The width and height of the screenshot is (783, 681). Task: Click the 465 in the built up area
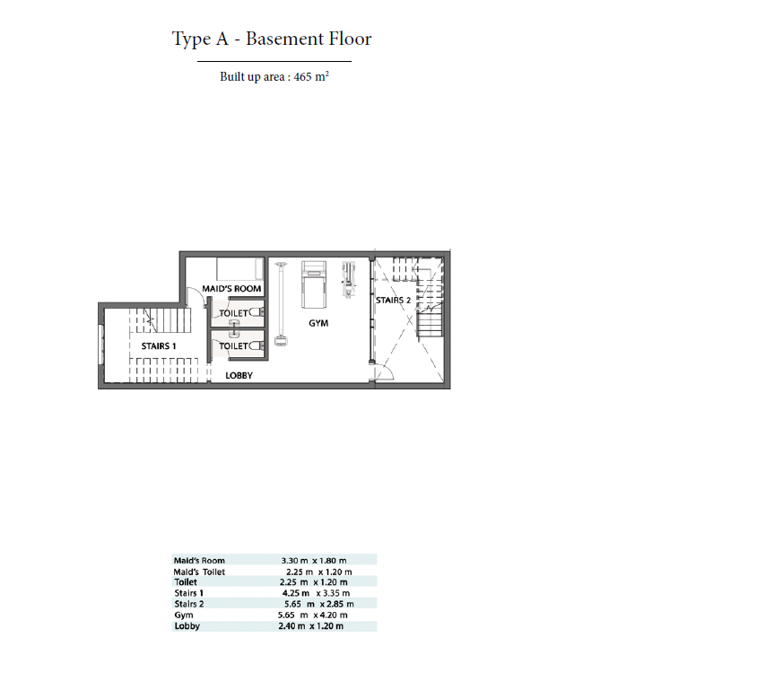tap(302, 77)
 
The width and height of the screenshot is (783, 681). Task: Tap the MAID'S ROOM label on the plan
tap(231, 289)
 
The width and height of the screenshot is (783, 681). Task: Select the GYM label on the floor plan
tap(318, 323)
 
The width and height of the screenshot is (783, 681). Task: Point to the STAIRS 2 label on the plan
tap(393, 301)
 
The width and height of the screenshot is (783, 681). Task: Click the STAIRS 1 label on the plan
tap(159, 346)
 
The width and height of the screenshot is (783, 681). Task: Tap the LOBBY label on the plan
tap(239, 376)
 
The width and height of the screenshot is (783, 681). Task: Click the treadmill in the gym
tap(314, 284)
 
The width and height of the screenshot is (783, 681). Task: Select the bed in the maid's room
tap(239, 269)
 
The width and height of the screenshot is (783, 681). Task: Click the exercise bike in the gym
tap(349, 280)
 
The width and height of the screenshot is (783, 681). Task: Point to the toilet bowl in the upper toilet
tap(257, 313)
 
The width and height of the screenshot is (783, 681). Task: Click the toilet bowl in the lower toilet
tap(257, 345)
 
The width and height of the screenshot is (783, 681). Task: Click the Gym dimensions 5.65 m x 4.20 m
tap(313, 615)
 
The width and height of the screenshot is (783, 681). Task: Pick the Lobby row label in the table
tap(187, 626)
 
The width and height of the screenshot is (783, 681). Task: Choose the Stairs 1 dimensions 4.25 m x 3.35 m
tap(316, 593)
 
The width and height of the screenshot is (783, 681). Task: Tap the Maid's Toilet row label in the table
tap(199, 572)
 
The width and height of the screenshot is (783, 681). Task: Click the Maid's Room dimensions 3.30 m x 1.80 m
tap(314, 561)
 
